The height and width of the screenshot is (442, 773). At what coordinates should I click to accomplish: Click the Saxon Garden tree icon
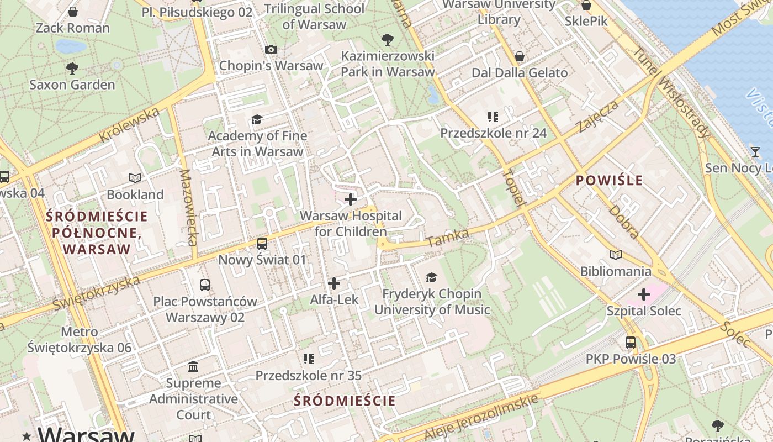72,69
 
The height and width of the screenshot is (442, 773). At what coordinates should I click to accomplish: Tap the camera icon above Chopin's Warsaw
271,49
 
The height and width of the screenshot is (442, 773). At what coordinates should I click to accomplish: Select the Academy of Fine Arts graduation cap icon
257,119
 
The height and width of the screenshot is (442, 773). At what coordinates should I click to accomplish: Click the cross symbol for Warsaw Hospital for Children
351,199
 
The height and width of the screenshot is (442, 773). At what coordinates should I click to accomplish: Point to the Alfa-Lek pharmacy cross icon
334,283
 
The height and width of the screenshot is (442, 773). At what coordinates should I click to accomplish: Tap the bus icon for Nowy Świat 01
262,243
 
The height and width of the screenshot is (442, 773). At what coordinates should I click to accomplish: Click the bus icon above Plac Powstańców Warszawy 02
205,285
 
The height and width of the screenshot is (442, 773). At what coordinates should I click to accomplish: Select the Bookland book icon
135,178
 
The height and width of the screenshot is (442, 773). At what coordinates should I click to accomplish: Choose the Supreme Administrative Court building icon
193,366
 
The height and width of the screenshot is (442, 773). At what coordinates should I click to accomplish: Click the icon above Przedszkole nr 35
308,359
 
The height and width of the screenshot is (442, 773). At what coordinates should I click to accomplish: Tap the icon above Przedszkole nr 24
493,117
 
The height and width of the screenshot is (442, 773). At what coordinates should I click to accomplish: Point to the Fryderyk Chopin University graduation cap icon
431,277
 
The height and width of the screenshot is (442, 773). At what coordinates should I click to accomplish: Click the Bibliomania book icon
616,255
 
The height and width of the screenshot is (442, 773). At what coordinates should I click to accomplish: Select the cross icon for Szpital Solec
644,294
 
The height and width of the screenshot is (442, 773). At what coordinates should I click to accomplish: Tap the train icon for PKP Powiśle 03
631,343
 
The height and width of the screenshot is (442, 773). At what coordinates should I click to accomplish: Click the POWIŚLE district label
609,180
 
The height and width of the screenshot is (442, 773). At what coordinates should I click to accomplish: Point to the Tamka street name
447,239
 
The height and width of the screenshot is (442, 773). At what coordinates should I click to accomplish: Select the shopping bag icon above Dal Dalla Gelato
519,56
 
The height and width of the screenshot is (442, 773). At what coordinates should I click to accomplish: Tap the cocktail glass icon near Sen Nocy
755,151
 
